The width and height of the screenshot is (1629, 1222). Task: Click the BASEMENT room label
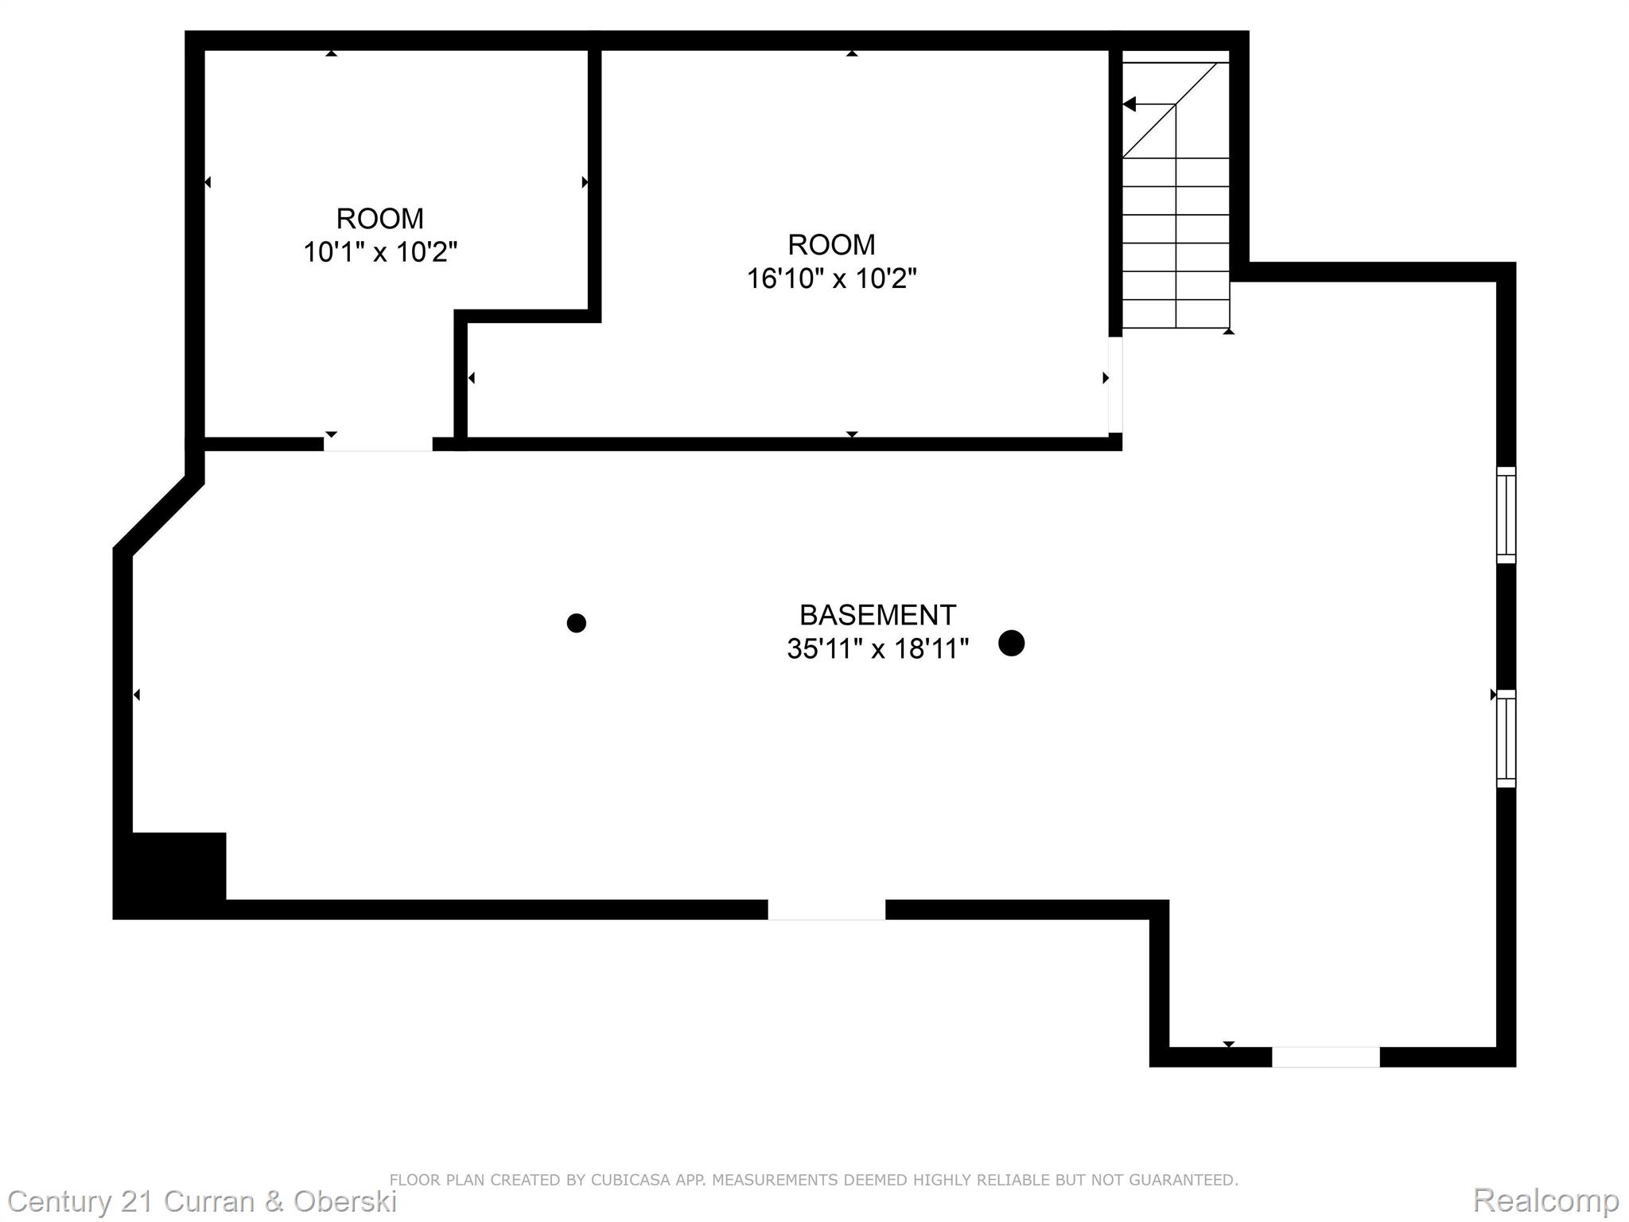(x=877, y=615)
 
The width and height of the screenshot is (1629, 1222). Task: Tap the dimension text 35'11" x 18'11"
(x=877, y=649)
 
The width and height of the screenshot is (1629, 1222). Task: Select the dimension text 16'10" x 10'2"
(x=831, y=278)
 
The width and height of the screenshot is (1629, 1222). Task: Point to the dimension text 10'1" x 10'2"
(x=380, y=252)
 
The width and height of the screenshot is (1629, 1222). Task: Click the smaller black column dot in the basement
(x=577, y=623)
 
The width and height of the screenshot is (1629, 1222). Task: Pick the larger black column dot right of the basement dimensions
(x=1011, y=643)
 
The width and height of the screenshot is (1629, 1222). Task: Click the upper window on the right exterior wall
(x=1506, y=515)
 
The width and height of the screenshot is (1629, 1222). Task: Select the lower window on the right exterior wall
(x=1506, y=738)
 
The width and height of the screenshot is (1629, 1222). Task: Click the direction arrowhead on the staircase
(x=1129, y=104)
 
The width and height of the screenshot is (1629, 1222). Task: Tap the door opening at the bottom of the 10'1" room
(x=378, y=444)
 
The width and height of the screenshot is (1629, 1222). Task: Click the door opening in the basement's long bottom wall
(x=826, y=909)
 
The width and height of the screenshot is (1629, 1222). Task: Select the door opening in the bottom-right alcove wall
(x=1326, y=1057)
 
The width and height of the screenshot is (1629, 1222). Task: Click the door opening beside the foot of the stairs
(x=1115, y=385)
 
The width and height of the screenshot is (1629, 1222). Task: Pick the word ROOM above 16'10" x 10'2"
(x=831, y=244)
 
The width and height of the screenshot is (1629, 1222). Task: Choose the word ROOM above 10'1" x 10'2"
(x=380, y=218)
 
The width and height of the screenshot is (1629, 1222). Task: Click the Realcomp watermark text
(x=1545, y=1200)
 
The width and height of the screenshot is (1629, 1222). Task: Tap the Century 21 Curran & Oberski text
(x=202, y=1201)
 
